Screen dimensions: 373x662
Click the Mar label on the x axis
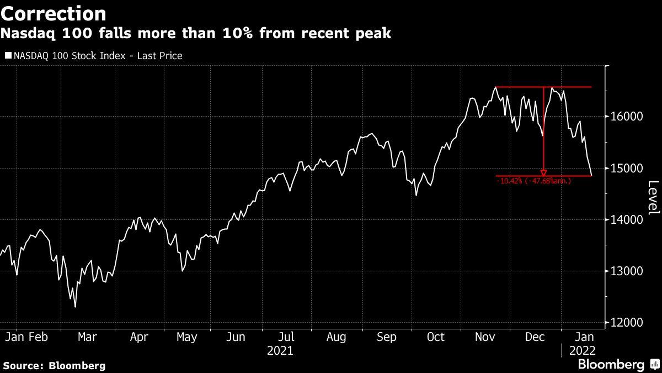87,337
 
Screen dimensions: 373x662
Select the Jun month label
236,337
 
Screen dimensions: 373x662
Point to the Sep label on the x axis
386,337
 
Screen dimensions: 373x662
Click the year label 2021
280,351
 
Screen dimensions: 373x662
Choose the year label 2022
581,351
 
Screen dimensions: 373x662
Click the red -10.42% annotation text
534,181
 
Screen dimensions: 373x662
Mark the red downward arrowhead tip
544,175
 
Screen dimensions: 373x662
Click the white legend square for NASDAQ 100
8,55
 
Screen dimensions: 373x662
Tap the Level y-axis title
653,198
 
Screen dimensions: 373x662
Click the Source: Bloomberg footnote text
54,365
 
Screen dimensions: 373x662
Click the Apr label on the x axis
138,337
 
